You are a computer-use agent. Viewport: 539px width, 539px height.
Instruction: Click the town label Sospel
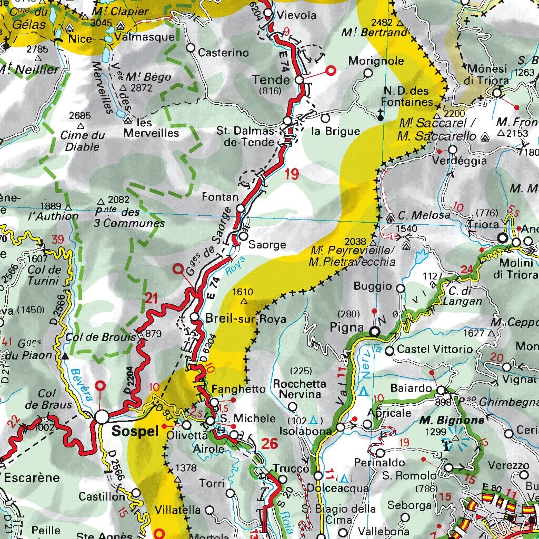pyautogui.click(x=135, y=432)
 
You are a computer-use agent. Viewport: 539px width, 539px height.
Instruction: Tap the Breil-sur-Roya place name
pyautogui.click(x=246, y=319)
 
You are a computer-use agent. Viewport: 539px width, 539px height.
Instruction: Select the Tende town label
pyautogui.click(x=271, y=80)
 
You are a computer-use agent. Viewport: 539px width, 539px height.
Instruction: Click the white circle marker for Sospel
pyautogui.click(x=102, y=416)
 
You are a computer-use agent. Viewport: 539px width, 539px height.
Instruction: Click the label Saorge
pyautogui.click(x=267, y=245)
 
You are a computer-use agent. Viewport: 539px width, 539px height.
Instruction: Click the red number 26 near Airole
pyautogui.click(x=269, y=444)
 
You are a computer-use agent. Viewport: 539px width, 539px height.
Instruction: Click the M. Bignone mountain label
pyautogui.click(x=444, y=421)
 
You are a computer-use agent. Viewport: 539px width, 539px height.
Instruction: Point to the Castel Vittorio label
pyautogui.click(x=435, y=349)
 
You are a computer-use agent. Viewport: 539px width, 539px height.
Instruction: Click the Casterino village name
pyautogui.click(x=223, y=53)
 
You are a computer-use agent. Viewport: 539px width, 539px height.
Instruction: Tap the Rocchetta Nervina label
pyautogui.click(x=297, y=389)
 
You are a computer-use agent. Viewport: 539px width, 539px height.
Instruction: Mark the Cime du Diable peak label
pyautogui.click(x=82, y=141)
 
